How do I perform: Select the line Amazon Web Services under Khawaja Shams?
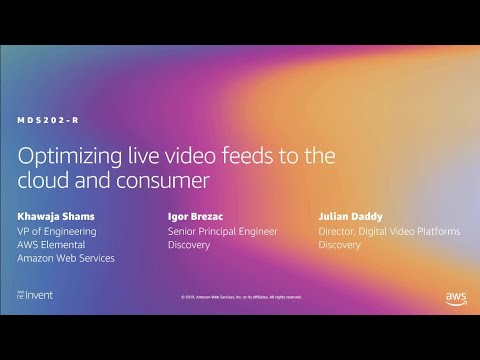click(66, 258)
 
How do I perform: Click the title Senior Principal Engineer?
click(222, 231)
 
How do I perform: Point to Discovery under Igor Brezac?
click(188, 244)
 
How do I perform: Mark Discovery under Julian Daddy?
click(341, 244)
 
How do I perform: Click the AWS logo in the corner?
click(456, 298)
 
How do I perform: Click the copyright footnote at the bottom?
click(240, 297)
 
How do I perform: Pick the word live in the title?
click(139, 158)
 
